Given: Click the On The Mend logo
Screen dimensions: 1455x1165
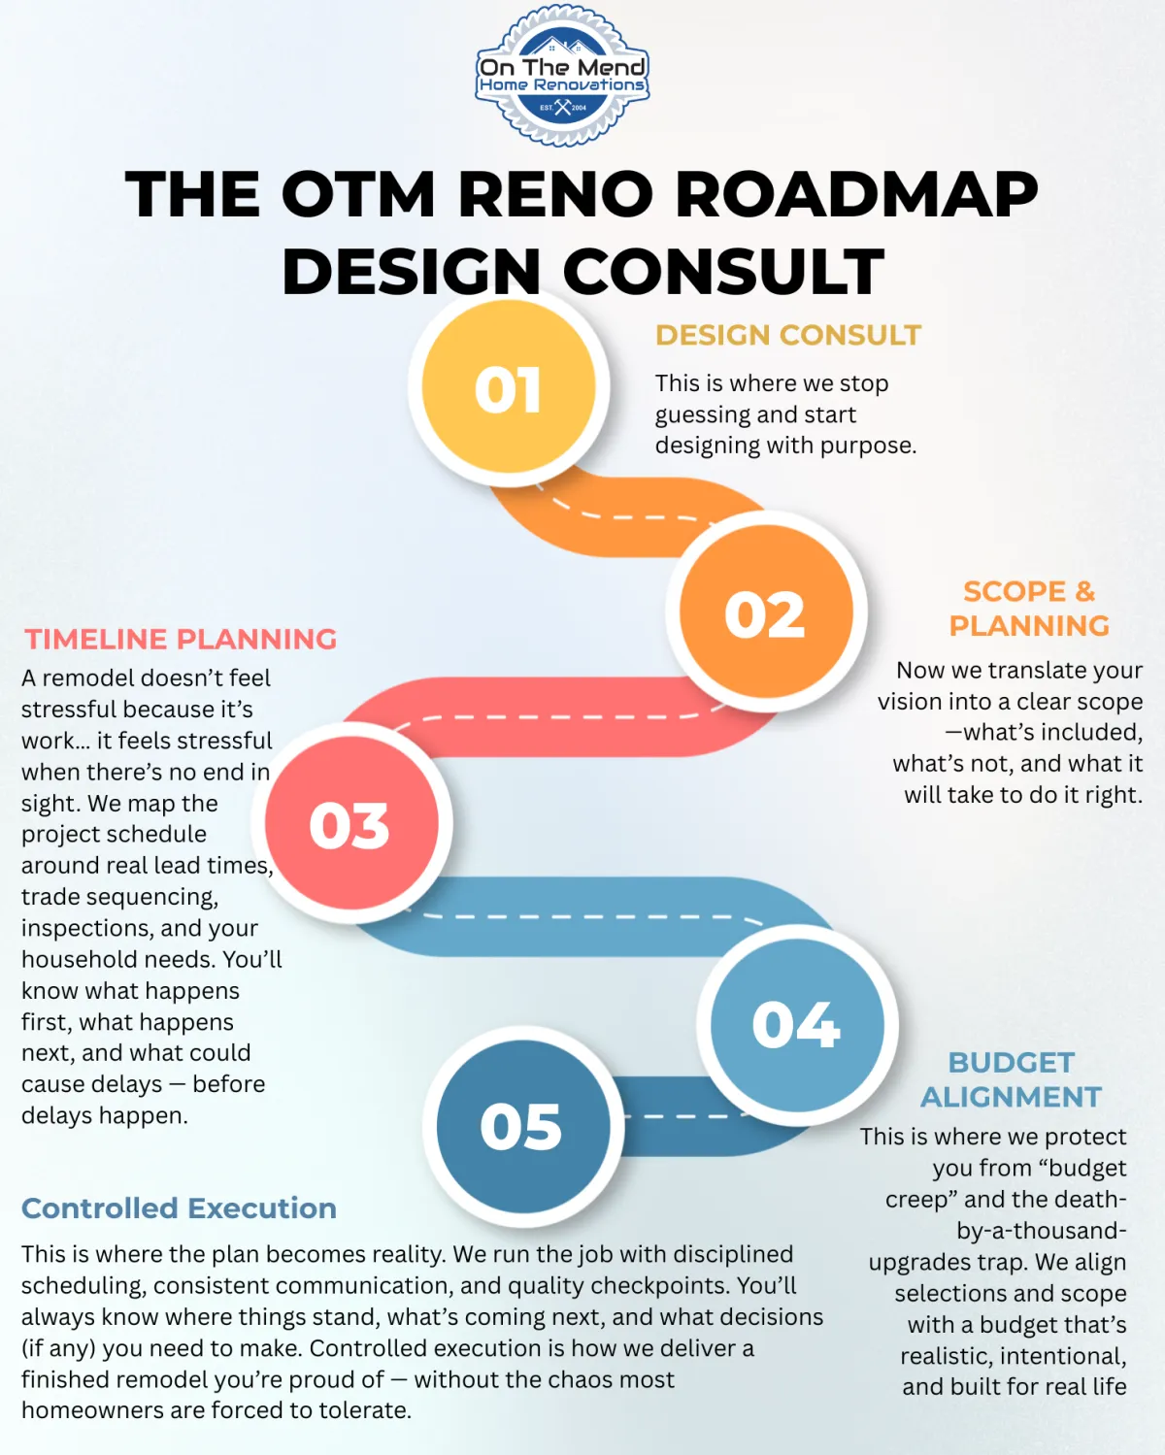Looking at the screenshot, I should point(562,76).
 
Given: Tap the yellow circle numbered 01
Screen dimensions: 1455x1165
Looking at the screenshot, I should point(509,388).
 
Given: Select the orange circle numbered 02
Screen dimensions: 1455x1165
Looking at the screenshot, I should point(766,613).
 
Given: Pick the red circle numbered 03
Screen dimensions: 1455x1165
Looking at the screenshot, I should point(350,824).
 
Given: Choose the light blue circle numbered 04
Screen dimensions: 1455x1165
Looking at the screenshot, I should point(797,1024).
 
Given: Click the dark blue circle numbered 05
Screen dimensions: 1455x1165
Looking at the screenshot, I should point(522,1126).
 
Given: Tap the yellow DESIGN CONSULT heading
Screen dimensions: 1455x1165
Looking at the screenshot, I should point(787,335).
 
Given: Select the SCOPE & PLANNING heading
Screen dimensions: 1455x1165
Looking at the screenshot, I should point(1028,609).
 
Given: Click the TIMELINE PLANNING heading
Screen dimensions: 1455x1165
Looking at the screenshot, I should point(181,639).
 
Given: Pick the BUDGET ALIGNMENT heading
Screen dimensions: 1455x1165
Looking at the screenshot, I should point(1011,1079).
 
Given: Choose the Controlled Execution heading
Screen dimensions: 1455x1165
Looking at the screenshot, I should point(179,1208).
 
